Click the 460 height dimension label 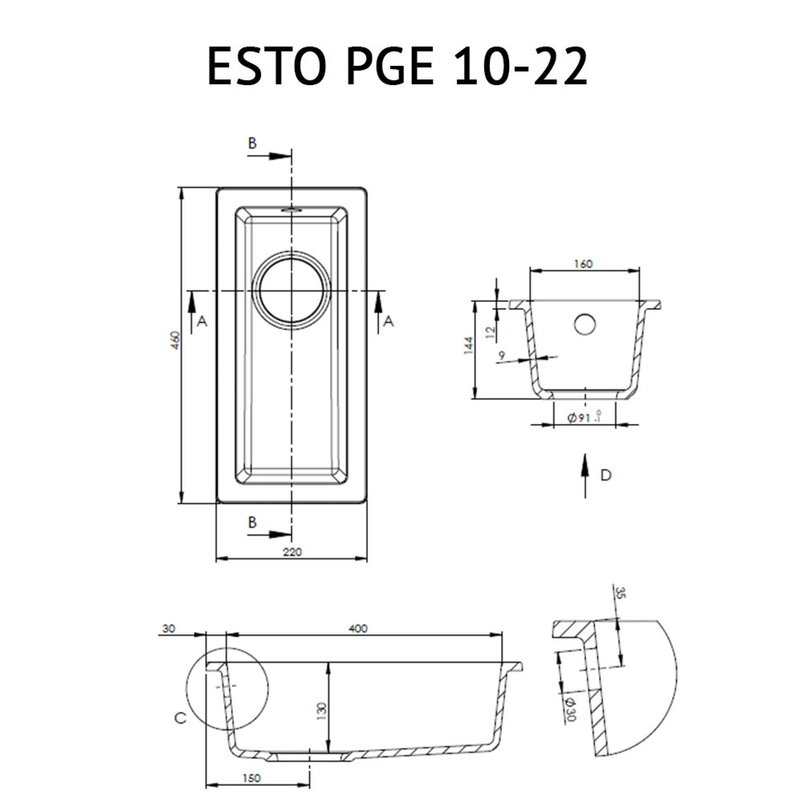176,340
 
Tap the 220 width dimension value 292,552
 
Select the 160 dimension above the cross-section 583,264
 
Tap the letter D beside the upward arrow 606,475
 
